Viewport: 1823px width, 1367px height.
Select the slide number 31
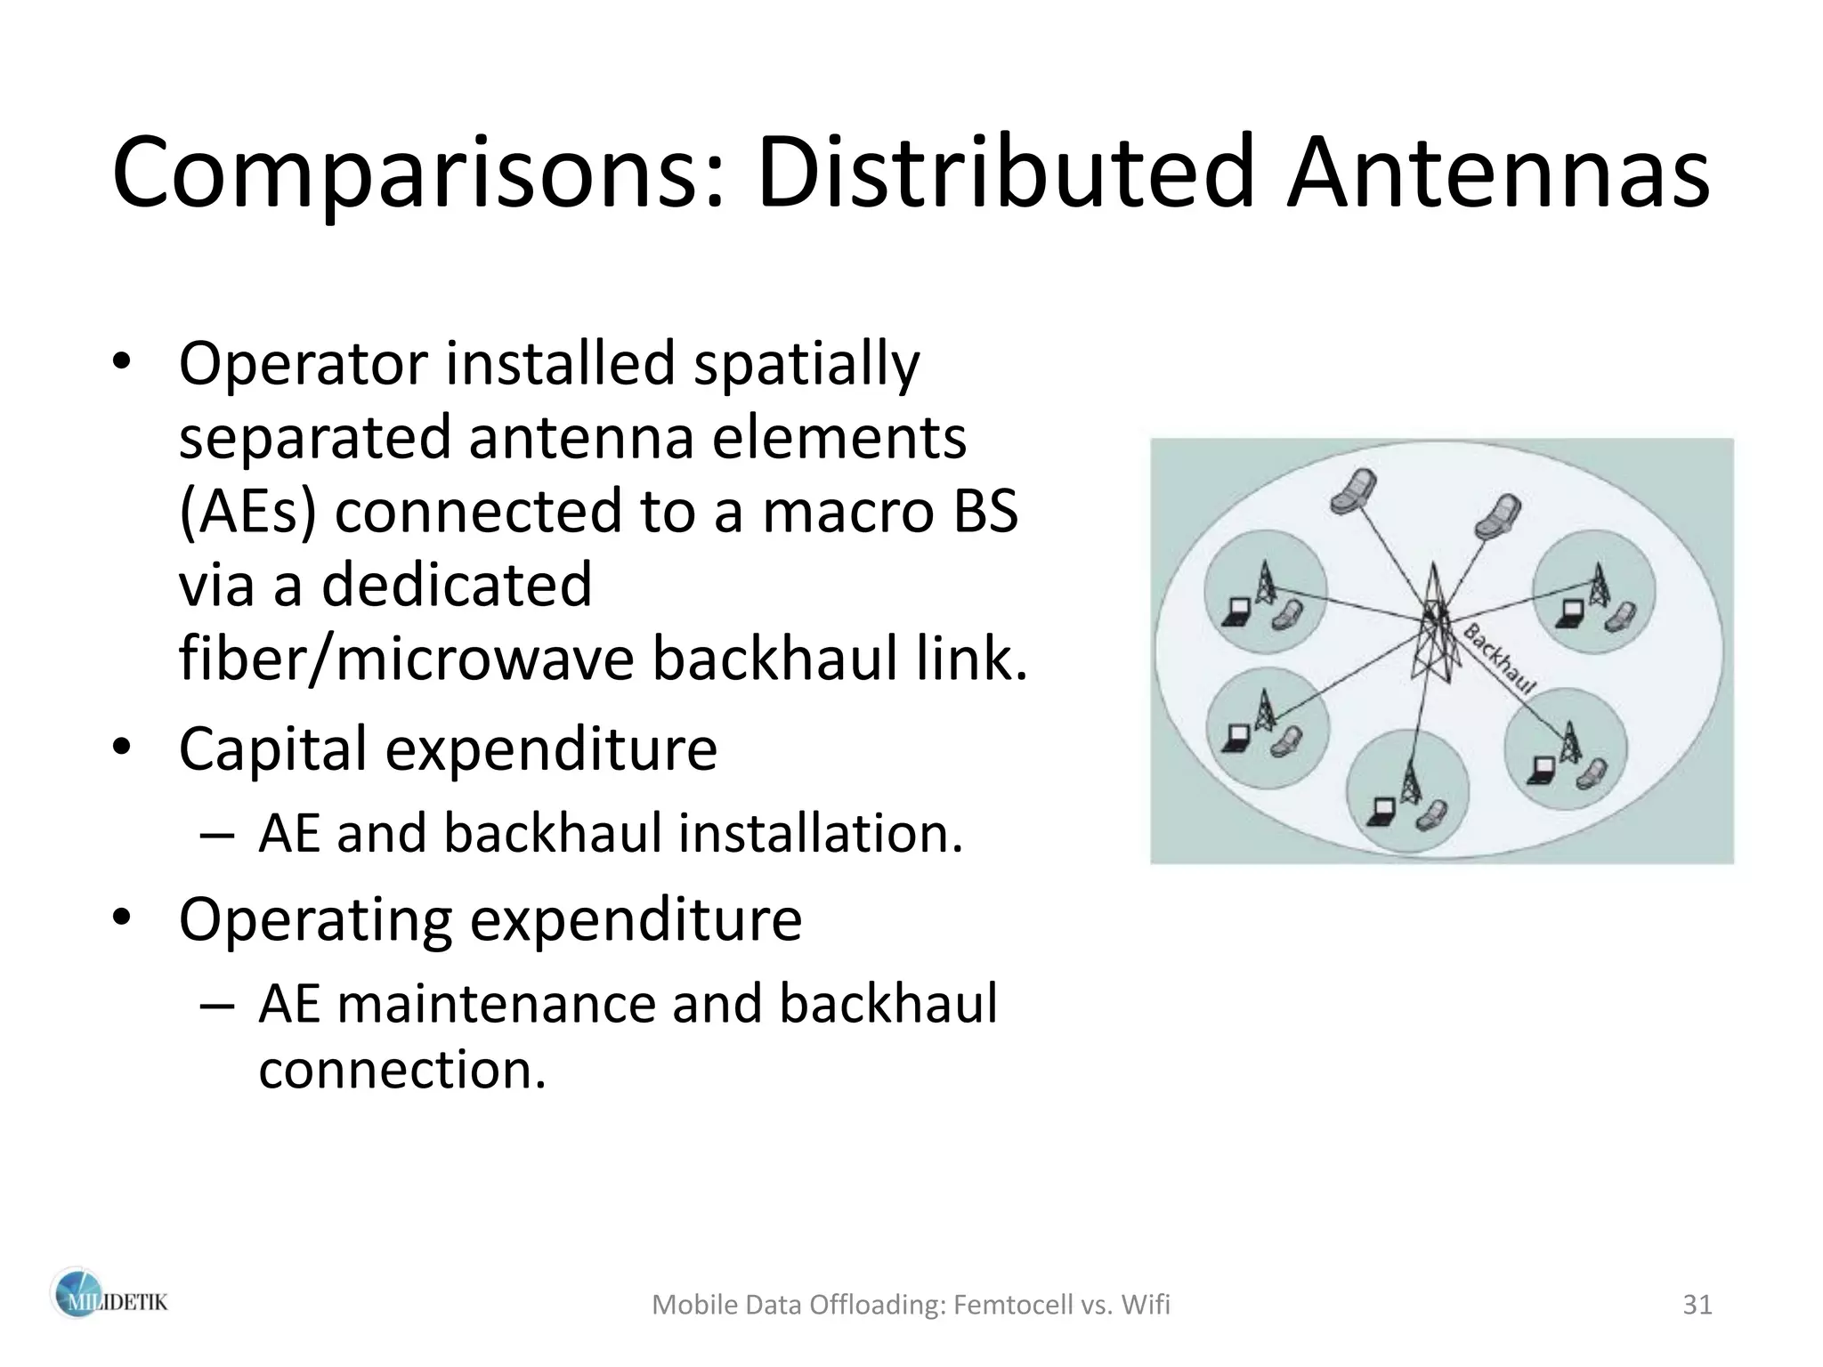pyautogui.click(x=1697, y=1305)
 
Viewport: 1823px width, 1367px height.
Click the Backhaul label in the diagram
pyautogui.click(x=1500, y=659)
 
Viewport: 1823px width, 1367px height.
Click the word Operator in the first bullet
pyautogui.click(x=304, y=365)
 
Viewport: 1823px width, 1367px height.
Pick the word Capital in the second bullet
pyautogui.click(x=272, y=749)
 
